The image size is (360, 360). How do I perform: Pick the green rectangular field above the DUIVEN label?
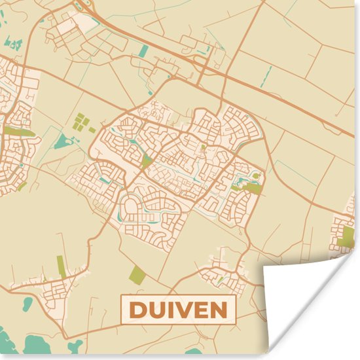coord(137,276)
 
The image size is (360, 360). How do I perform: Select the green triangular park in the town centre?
coord(147,160)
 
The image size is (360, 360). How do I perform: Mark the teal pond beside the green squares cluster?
coord(63,141)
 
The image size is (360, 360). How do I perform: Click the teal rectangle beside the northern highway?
coord(144,51)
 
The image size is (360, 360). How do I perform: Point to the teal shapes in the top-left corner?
coord(12,44)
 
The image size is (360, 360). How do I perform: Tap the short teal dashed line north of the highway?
coord(268,75)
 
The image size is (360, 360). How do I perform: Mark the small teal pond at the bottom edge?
coord(77,345)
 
